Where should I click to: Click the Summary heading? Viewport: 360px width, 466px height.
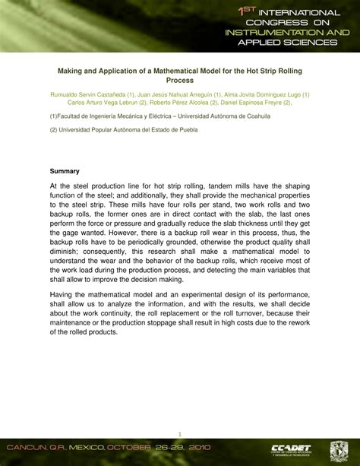[65, 171]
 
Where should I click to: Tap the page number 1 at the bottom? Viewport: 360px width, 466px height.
[180, 426]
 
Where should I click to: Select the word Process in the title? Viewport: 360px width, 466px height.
[180, 79]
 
